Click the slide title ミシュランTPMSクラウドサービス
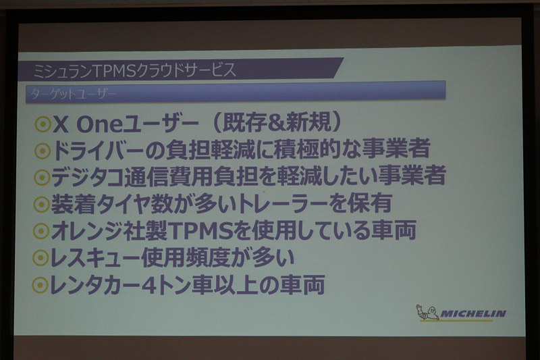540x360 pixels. (135, 70)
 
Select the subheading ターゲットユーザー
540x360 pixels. (74, 94)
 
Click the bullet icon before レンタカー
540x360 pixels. (41, 285)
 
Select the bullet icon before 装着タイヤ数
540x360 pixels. (42, 203)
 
